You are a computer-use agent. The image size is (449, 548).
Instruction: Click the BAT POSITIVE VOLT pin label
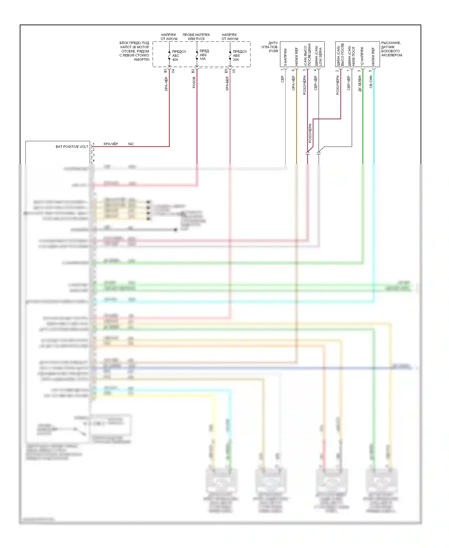tap(72, 147)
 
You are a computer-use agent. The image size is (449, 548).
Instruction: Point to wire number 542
tap(131, 144)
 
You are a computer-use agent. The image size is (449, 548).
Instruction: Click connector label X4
tap(173, 71)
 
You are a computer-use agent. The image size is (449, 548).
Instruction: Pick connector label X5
tap(234, 71)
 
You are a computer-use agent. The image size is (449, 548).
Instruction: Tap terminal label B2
tap(193, 71)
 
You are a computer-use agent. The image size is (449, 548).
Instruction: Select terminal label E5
tap(226, 71)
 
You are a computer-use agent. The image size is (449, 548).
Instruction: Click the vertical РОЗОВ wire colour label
tap(194, 82)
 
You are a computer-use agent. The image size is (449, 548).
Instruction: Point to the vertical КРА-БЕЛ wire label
tap(227, 83)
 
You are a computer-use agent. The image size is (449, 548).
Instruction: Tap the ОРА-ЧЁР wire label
tap(294, 83)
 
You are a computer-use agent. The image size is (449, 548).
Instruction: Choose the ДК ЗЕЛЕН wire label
tap(360, 84)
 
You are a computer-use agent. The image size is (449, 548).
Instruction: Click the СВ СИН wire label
tap(371, 82)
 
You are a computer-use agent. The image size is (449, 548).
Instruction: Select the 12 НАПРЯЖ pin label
tap(362, 56)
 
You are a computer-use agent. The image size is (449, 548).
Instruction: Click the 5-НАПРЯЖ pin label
tap(285, 57)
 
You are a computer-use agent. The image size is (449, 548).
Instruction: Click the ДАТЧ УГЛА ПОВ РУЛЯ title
tap(270, 47)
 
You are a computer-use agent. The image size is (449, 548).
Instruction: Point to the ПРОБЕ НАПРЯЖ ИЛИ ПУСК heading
tap(196, 37)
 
